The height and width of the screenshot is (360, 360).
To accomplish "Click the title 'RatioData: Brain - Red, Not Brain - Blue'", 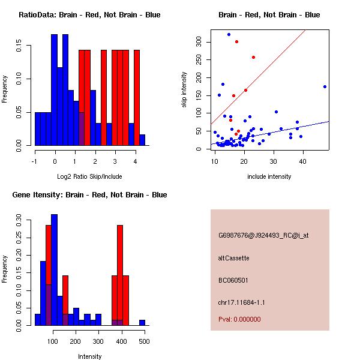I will pyautogui.click(x=89, y=15).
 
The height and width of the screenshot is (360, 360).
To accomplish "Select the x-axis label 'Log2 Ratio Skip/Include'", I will pyautogui.click(x=89, y=176).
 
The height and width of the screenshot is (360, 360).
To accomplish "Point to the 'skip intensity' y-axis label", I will pyautogui.click(x=185, y=90).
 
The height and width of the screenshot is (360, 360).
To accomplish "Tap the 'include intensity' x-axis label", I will pyautogui.click(x=269, y=176).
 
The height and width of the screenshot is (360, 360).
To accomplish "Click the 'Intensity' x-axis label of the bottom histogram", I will pyautogui.click(x=89, y=356).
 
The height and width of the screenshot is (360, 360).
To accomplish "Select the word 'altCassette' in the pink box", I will pyautogui.click(x=234, y=258).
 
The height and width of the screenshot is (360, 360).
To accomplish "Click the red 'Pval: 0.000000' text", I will pyautogui.click(x=239, y=319).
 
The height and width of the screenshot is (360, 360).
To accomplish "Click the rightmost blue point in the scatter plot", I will pyautogui.click(x=325, y=86).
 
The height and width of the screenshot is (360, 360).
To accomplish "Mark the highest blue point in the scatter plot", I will pyautogui.click(x=229, y=34).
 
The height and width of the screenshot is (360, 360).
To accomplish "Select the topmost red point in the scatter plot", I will pyautogui.click(x=237, y=41).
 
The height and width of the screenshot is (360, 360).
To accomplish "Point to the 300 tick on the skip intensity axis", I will pyautogui.click(x=200, y=42).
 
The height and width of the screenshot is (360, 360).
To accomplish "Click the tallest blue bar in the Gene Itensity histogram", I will pyautogui.click(x=54, y=270).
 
